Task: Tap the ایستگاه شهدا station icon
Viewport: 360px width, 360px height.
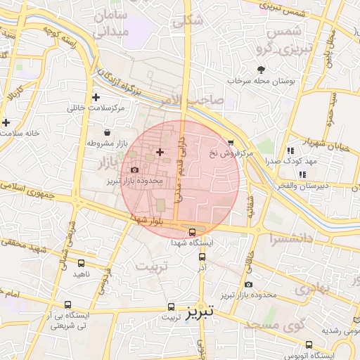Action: pyautogui.click(x=192, y=232)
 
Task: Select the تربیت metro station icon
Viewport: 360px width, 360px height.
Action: pyautogui.click(x=171, y=307)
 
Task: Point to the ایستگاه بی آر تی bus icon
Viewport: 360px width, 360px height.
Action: pyautogui.click(x=67, y=305)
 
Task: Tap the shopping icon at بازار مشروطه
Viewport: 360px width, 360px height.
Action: pyautogui.click(x=106, y=133)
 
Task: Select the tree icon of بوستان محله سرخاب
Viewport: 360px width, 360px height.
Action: pyautogui.click(x=262, y=70)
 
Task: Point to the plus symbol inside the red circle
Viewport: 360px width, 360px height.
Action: pyautogui.click(x=160, y=152)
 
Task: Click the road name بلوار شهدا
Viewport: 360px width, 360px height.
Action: pyautogui.click(x=146, y=220)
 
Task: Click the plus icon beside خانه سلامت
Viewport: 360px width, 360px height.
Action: pyautogui.click(x=6, y=122)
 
